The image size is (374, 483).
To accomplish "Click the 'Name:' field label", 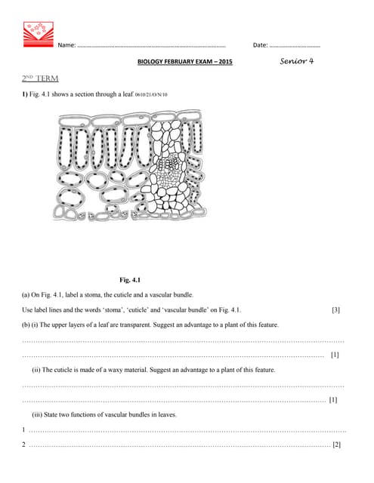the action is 66,45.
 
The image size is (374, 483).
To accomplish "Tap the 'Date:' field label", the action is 260,45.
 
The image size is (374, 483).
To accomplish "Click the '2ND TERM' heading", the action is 41,78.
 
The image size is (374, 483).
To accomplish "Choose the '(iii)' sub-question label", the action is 38,415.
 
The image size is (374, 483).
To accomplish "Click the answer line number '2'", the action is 24,445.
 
